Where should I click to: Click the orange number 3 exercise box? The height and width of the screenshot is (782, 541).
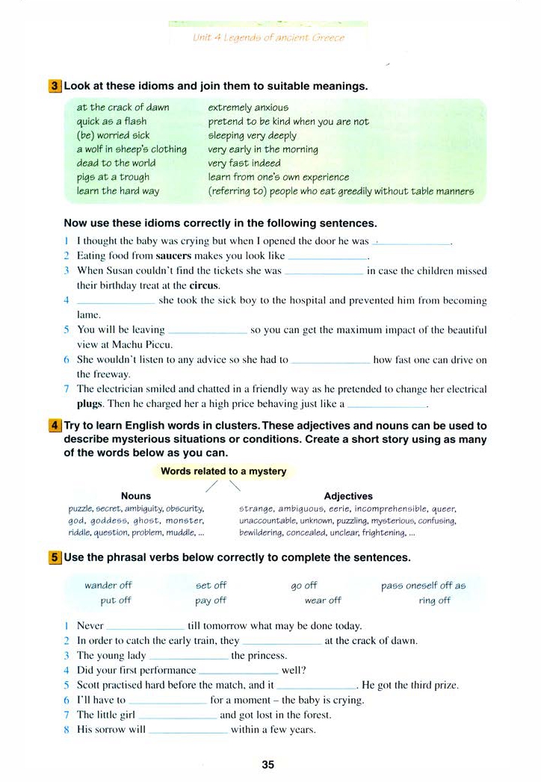pos(55,86)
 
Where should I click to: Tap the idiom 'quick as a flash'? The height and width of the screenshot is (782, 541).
pos(111,121)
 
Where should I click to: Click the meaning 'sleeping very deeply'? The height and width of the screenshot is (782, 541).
pos(252,135)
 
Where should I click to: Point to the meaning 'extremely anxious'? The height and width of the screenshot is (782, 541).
pos(247,108)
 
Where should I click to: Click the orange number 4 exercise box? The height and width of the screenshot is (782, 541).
pos(55,426)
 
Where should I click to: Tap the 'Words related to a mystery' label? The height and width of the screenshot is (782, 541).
pos(223,471)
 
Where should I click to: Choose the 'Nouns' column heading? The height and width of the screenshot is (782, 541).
pos(135,496)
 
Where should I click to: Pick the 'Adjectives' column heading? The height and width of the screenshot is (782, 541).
pos(348,496)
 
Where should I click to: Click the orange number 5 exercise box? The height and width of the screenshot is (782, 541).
pos(55,557)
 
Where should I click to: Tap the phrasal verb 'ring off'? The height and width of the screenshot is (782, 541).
pos(434,600)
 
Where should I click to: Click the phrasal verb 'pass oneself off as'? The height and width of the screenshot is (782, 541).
pos(423,586)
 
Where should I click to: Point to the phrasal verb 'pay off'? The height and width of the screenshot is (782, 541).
pos(210,600)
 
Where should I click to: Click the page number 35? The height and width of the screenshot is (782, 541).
pos(268,764)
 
